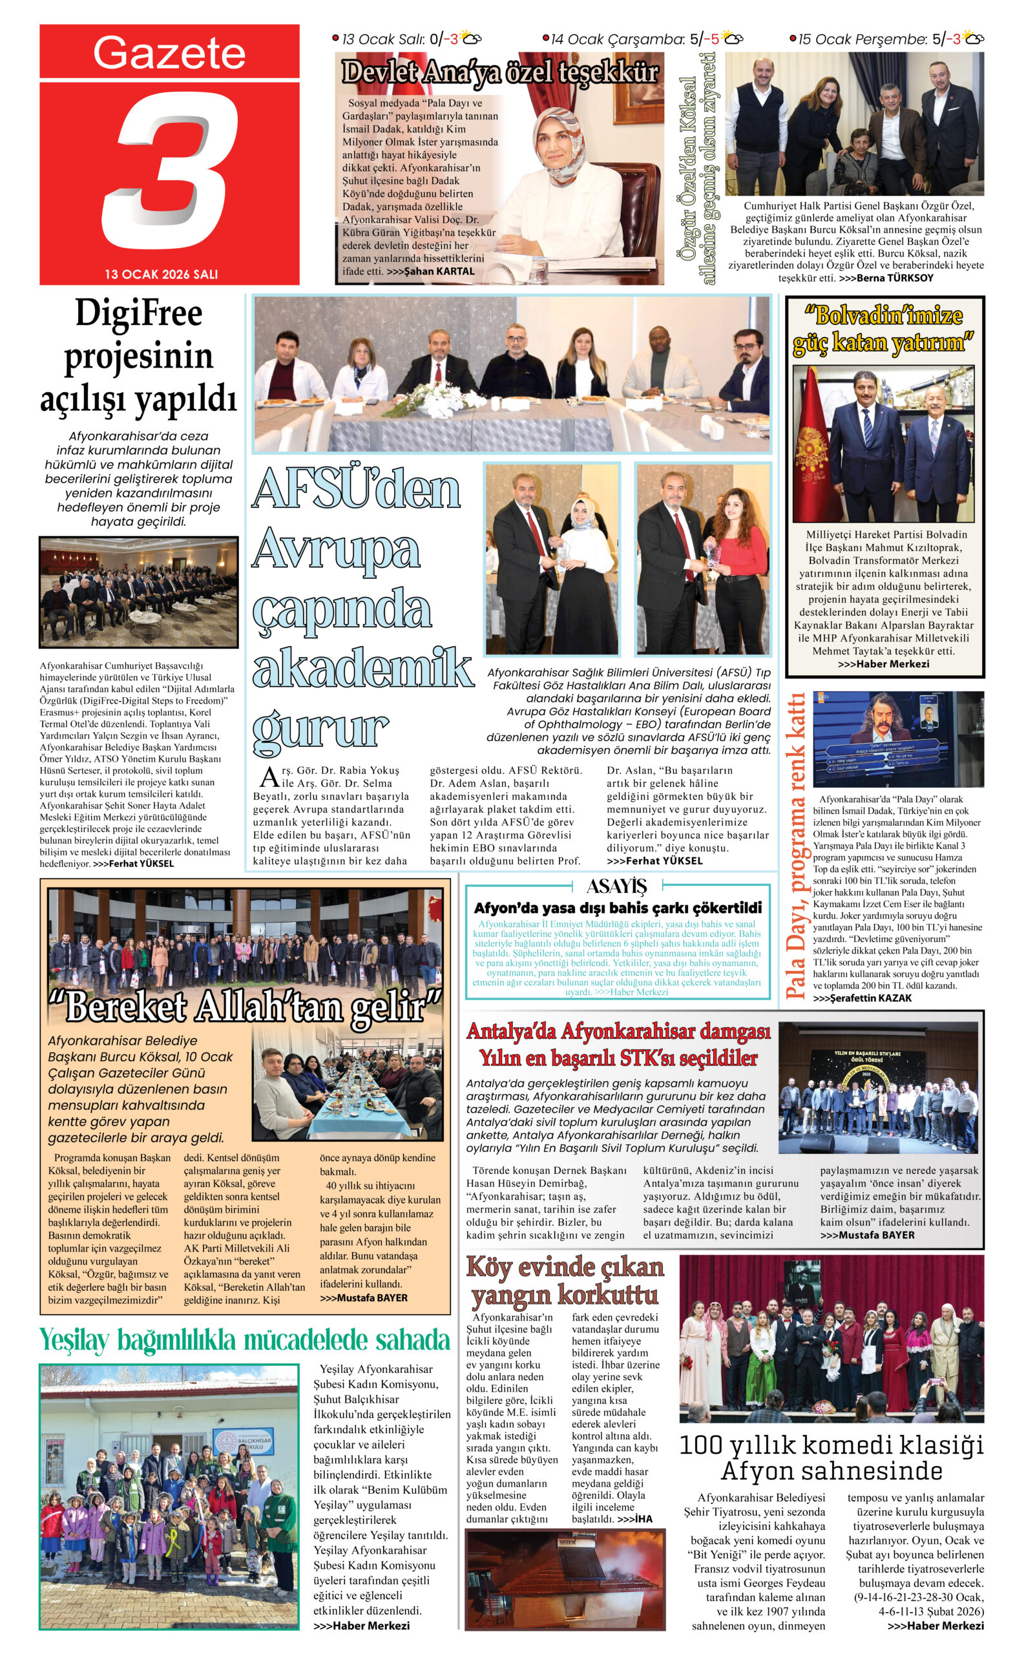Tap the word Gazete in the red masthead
(169, 53)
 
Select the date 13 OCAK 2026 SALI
(161, 275)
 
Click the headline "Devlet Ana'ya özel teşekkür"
(500, 72)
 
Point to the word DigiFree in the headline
(138, 313)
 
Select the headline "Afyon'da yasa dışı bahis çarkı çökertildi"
(617, 908)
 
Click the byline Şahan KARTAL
(439, 271)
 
